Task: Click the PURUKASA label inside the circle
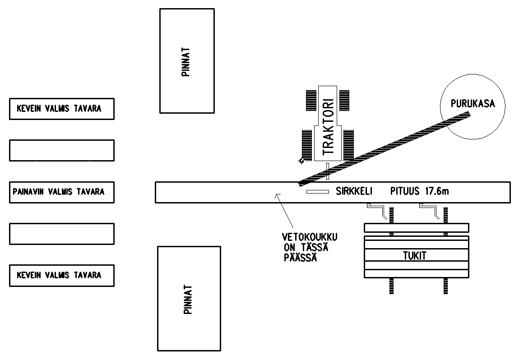pyautogui.click(x=473, y=104)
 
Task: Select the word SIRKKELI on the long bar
pyautogui.click(x=353, y=191)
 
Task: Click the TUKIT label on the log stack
pyautogui.click(x=414, y=256)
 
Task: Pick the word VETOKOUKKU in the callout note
pyautogui.click(x=310, y=237)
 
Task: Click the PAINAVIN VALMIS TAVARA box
pyautogui.click(x=61, y=192)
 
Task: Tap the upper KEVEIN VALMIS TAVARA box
pyautogui.click(x=61, y=109)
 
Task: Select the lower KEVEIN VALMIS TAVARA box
pyautogui.click(x=61, y=275)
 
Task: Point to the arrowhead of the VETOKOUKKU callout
pyautogui.click(x=277, y=195)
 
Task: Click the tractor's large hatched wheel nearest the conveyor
pyautogui.click(x=348, y=144)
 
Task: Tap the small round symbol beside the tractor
pyautogui.click(x=301, y=161)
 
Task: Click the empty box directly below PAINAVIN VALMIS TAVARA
pyautogui.click(x=61, y=234)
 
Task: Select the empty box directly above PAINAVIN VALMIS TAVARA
pyautogui.click(x=61, y=150)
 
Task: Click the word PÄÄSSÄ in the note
pyautogui.click(x=300, y=258)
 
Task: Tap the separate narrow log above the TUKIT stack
pyautogui.click(x=416, y=228)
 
